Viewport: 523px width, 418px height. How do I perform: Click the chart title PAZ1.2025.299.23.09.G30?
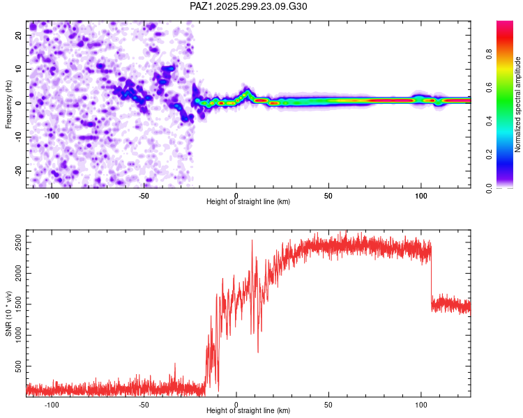tap(248, 6)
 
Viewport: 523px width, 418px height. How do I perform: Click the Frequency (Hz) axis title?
tap(8, 104)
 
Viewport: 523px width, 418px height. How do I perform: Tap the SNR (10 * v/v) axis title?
tap(8, 313)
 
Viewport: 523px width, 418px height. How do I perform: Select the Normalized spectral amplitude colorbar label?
tap(518, 104)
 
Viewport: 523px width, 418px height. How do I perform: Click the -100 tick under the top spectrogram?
tap(51, 196)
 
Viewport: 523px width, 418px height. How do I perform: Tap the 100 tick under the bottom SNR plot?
tap(421, 405)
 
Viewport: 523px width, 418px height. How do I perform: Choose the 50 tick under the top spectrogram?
tap(328, 196)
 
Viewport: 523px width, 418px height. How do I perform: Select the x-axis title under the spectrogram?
tap(248, 202)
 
